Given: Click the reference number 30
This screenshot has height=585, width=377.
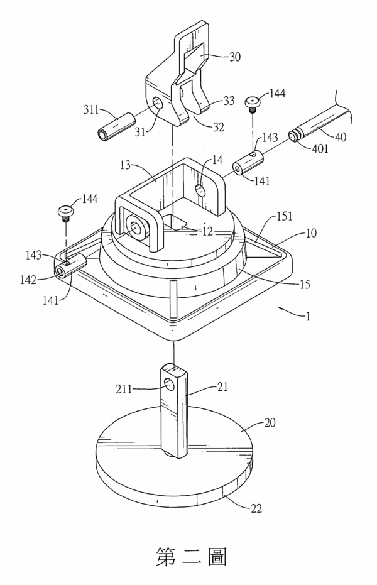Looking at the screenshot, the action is tap(235, 57).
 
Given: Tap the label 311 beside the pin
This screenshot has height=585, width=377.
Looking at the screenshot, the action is tap(90, 110).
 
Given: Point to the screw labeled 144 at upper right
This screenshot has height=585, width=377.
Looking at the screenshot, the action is tap(253, 102).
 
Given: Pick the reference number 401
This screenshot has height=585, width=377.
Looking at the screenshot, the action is tap(320, 148).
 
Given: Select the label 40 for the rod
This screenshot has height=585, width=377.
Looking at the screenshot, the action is tap(340, 137).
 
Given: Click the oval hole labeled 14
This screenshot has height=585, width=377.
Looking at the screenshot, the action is tap(200, 190).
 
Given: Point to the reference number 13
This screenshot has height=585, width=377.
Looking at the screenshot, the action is tap(126, 165).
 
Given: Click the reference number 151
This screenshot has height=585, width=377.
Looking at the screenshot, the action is tap(284, 216).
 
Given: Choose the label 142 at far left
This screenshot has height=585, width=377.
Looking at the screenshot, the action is tap(28, 280).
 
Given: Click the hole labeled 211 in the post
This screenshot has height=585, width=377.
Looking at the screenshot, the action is tap(170, 383).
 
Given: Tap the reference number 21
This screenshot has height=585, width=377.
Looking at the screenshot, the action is tap(222, 387).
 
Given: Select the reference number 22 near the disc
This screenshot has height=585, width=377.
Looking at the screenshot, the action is tap(256, 508).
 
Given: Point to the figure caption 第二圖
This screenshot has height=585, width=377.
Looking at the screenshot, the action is tap(191, 557).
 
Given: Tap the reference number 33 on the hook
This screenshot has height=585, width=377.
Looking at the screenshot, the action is tap(229, 101).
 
